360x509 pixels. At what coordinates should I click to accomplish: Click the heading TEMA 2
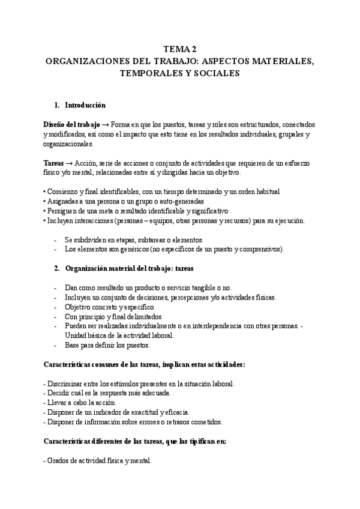click(180, 50)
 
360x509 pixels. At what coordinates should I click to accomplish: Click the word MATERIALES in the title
click(283, 61)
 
